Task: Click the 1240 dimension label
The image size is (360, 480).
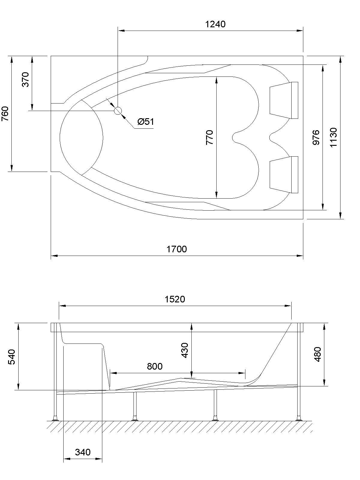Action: point(215,24)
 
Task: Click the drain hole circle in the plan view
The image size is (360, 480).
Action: point(118,111)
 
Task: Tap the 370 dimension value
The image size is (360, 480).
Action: point(26,79)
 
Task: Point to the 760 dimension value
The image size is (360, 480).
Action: point(5,114)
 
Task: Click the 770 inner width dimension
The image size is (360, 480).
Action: point(210,137)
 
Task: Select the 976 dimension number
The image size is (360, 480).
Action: point(316,137)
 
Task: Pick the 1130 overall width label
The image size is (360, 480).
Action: point(334,137)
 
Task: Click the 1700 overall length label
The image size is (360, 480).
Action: point(177,249)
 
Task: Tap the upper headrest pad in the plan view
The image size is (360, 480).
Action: point(283,100)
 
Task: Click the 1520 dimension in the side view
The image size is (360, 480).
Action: point(175,299)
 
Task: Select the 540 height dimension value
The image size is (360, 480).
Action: point(11,356)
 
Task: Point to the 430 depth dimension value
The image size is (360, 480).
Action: point(185,350)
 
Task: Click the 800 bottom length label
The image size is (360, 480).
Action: point(154,366)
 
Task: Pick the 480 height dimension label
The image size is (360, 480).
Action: point(317,354)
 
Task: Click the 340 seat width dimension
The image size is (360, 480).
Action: point(82,452)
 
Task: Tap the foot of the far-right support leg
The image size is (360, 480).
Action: point(299,418)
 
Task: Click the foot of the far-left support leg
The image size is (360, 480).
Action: point(55,418)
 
